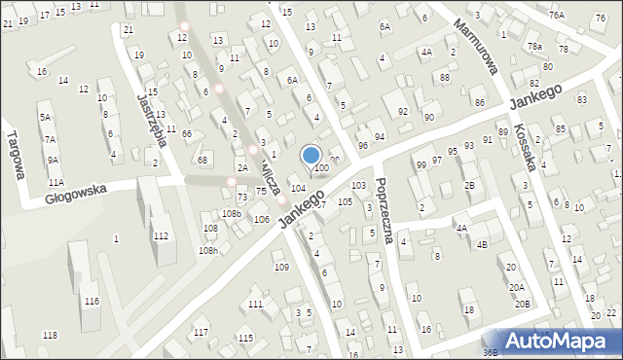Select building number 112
click(161, 235)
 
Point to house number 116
click(91, 302)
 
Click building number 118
click(50, 336)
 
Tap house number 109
click(281, 267)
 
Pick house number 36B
click(491, 352)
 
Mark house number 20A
click(516, 288)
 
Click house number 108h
click(207, 250)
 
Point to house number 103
click(358, 185)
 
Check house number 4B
click(482, 244)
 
